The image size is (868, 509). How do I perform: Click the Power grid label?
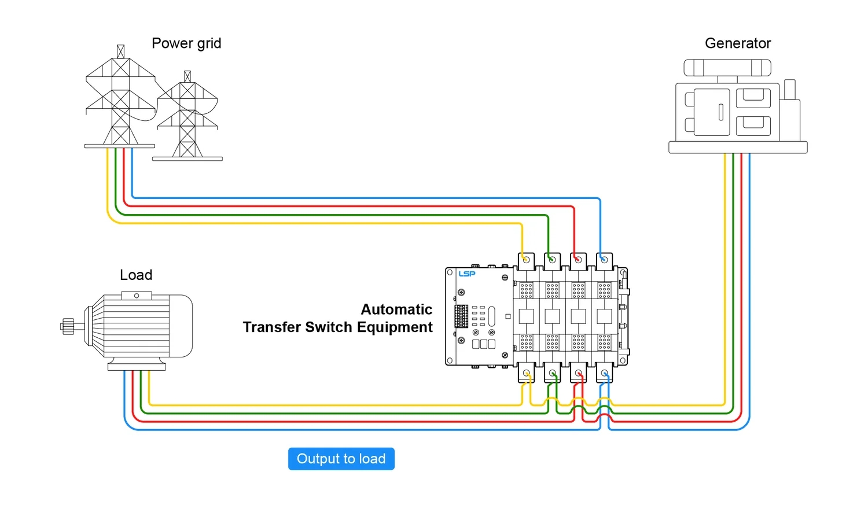tap(186, 43)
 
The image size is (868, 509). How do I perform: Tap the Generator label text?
tap(738, 43)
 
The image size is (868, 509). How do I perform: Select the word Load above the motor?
tap(136, 275)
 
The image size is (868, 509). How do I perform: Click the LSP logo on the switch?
tap(467, 274)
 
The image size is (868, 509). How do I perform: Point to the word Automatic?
tap(396, 309)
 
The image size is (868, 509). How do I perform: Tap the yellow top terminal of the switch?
tap(526, 260)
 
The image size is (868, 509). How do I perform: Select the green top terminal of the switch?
tap(552, 260)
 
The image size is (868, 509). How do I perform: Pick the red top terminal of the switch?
tap(578, 260)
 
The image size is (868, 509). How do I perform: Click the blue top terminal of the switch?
tap(604, 260)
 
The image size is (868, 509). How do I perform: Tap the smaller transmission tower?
tap(187, 121)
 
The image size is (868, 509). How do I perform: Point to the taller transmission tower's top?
tap(120, 51)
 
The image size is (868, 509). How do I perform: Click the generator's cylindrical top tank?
tap(727, 68)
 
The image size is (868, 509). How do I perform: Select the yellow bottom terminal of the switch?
tap(526, 373)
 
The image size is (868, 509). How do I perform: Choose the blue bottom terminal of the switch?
tap(604, 373)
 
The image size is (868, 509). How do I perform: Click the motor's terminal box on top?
tap(137, 296)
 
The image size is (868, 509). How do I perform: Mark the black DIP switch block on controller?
tap(461, 316)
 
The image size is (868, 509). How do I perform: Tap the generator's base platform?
tap(738, 147)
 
